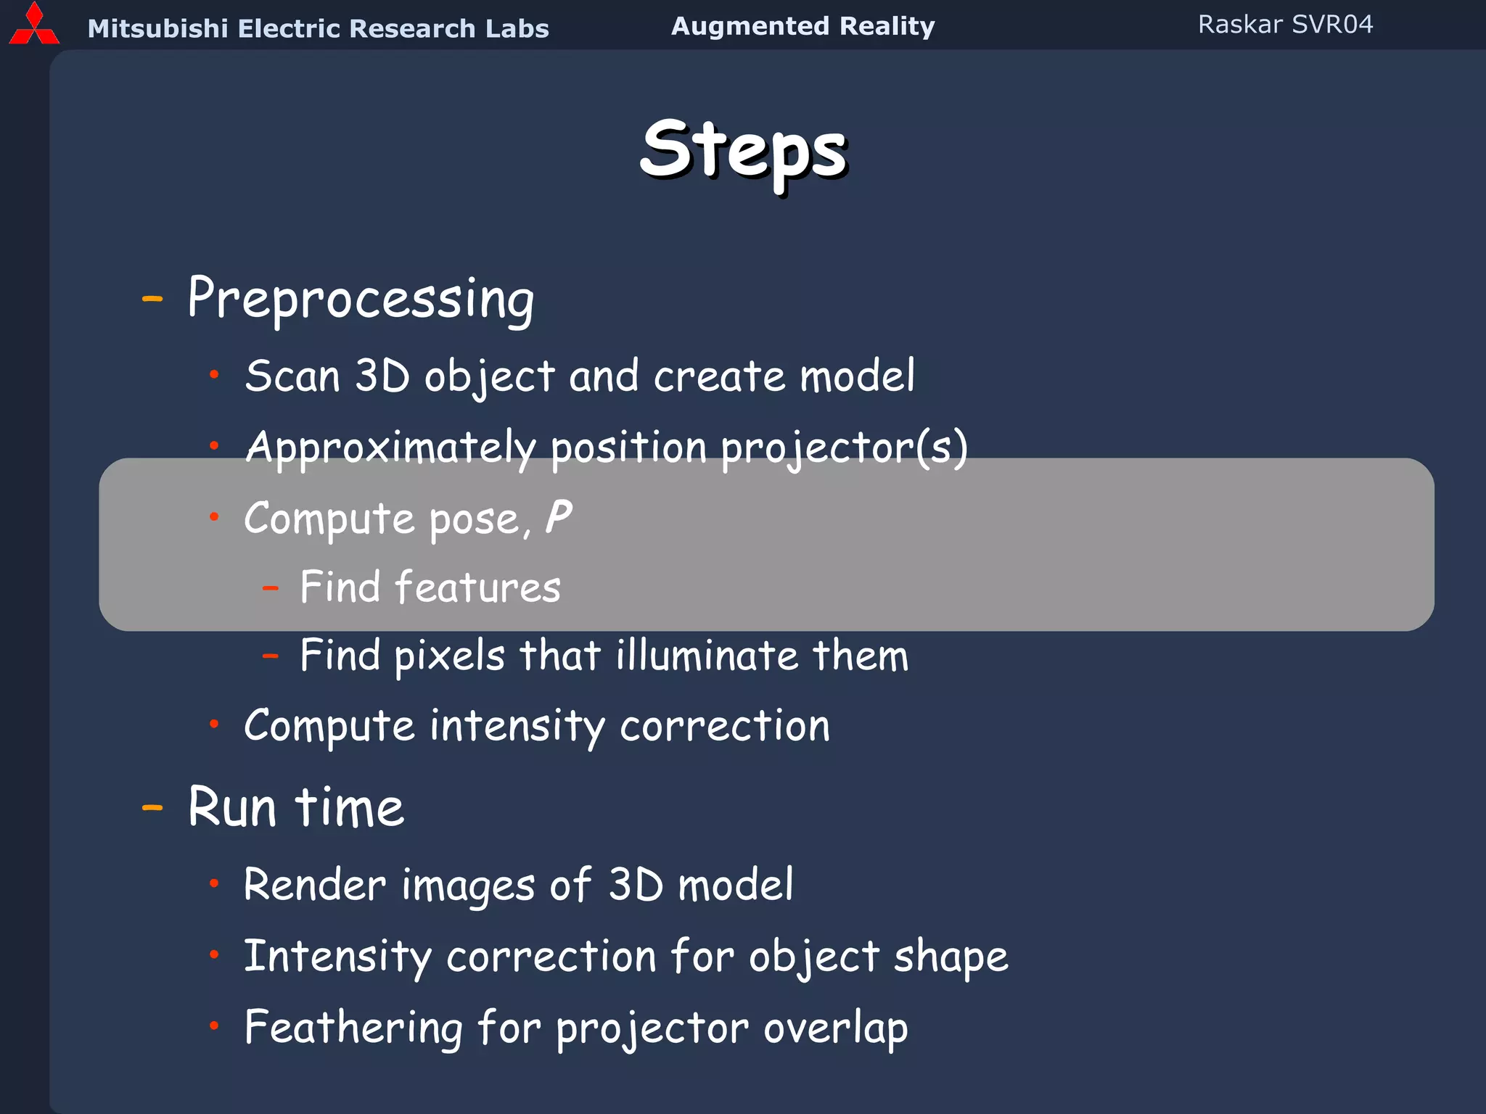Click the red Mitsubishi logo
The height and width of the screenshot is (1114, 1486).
pyautogui.click(x=33, y=25)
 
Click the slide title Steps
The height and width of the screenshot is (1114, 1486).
pyautogui.click(x=743, y=150)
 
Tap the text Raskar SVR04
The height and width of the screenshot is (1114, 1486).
pyautogui.click(x=1285, y=25)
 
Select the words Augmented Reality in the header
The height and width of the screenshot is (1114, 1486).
pyautogui.click(x=802, y=26)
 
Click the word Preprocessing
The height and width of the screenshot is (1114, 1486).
pyautogui.click(x=361, y=299)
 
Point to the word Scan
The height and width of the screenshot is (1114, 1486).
pyautogui.click(x=292, y=376)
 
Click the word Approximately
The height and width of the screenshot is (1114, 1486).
pyautogui.click(x=390, y=447)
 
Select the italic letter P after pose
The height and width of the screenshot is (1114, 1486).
pyautogui.click(x=558, y=518)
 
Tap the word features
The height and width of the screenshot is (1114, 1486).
pyautogui.click(x=477, y=587)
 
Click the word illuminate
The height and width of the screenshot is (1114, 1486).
pyautogui.click(x=706, y=656)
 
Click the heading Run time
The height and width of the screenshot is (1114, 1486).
pyautogui.click(x=295, y=807)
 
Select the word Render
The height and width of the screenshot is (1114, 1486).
pyautogui.click(x=315, y=886)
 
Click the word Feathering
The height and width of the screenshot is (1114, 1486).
pyautogui.click(x=353, y=1028)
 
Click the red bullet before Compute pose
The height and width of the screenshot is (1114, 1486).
pyautogui.click(x=214, y=516)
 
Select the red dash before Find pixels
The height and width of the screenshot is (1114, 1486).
pyautogui.click(x=271, y=656)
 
